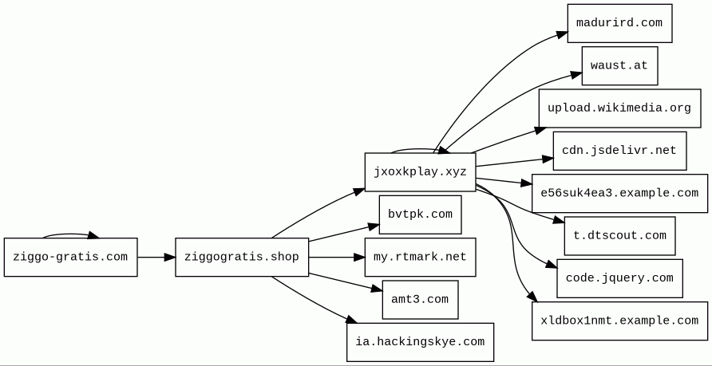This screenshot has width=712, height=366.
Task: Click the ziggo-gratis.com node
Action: (x=70, y=257)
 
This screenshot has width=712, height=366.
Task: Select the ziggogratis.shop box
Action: (x=242, y=257)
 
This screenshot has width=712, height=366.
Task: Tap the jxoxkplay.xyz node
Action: (x=420, y=171)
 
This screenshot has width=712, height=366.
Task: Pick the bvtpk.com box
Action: (x=420, y=214)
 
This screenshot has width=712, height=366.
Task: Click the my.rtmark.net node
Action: (x=420, y=257)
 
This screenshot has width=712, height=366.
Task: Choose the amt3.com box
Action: (x=420, y=299)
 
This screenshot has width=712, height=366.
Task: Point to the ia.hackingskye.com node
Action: (x=420, y=342)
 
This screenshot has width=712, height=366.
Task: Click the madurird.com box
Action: (x=619, y=23)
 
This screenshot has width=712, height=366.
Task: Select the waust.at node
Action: (x=619, y=65)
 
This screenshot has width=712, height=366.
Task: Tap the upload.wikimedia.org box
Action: (x=619, y=108)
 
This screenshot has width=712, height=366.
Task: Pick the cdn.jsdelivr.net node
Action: (x=619, y=151)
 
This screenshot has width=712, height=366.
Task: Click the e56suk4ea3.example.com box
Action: (x=619, y=193)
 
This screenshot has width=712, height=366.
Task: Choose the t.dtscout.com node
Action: (x=619, y=236)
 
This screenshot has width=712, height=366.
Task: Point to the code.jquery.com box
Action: (x=619, y=278)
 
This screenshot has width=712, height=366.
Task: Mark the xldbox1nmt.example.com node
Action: (x=619, y=321)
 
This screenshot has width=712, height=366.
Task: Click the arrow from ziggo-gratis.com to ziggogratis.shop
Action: (x=156, y=257)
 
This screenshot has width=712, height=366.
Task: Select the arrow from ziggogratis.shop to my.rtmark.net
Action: (x=335, y=257)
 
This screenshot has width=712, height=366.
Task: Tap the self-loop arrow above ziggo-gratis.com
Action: (x=70, y=234)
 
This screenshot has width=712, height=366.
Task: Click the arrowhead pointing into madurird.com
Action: (x=561, y=34)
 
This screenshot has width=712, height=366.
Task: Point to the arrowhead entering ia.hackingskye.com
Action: (x=351, y=321)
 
